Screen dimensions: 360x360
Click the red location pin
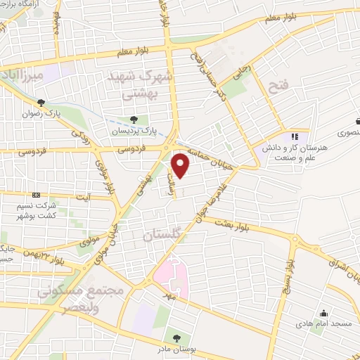pyautogui.click(x=181, y=165)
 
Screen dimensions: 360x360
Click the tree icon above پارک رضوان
pyautogui.click(x=41, y=103)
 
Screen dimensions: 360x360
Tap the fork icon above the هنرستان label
pyautogui.click(x=295, y=136)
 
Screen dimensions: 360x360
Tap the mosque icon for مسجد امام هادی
pyautogui.click(x=323, y=314)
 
